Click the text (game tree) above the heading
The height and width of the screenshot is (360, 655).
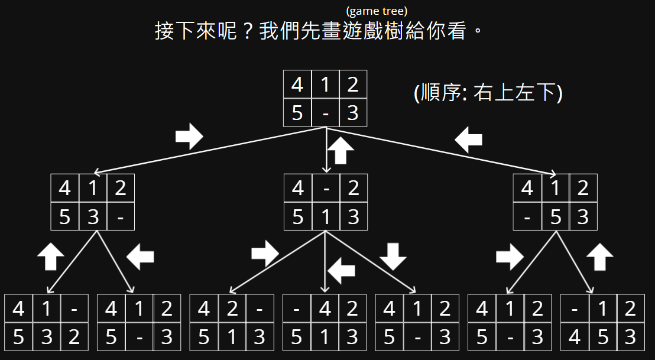pyautogui.click(x=377, y=11)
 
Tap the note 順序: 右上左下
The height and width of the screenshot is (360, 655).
pyautogui.click(x=488, y=93)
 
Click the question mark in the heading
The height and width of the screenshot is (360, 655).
pyautogui.click(x=249, y=31)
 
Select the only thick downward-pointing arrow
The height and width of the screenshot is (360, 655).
pyautogui.click(x=393, y=256)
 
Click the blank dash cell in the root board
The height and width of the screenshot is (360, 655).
pyautogui.click(x=325, y=113)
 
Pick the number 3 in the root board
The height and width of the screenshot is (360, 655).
pyautogui.click(x=353, y=113)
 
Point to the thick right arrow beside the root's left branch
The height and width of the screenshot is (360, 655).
pyautogui.click(x=189, y=137)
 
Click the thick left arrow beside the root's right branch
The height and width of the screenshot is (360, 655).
pyautogui.click(x=469, y=140)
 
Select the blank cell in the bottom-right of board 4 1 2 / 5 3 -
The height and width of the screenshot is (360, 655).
pyautogui.click(x=121, y=217)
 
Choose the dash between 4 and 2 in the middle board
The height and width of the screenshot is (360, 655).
pyautogui.click(x=326, y=189)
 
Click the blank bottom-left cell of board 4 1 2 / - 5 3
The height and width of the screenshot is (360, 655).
pyautogui.click(x=527, y=217)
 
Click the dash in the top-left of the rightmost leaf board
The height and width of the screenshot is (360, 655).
pyautogui.click(x=575, y=309)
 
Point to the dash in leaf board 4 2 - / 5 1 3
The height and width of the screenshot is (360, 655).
pyautogui.click(x=260, y=309)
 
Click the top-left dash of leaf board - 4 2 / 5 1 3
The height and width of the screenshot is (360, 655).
pyautogui.click(x=297, y=309)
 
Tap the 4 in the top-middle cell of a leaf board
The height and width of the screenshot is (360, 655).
pyautogui.click(x=325, y=309)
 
